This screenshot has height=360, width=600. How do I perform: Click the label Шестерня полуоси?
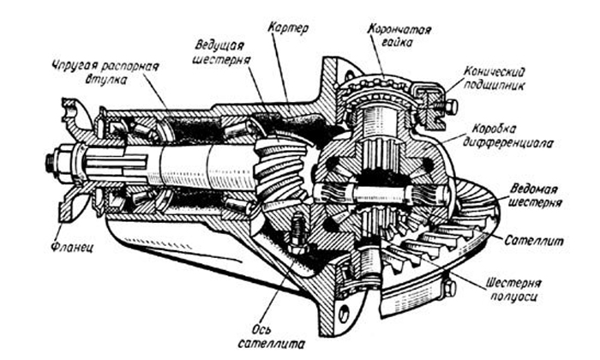coord(525,289)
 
